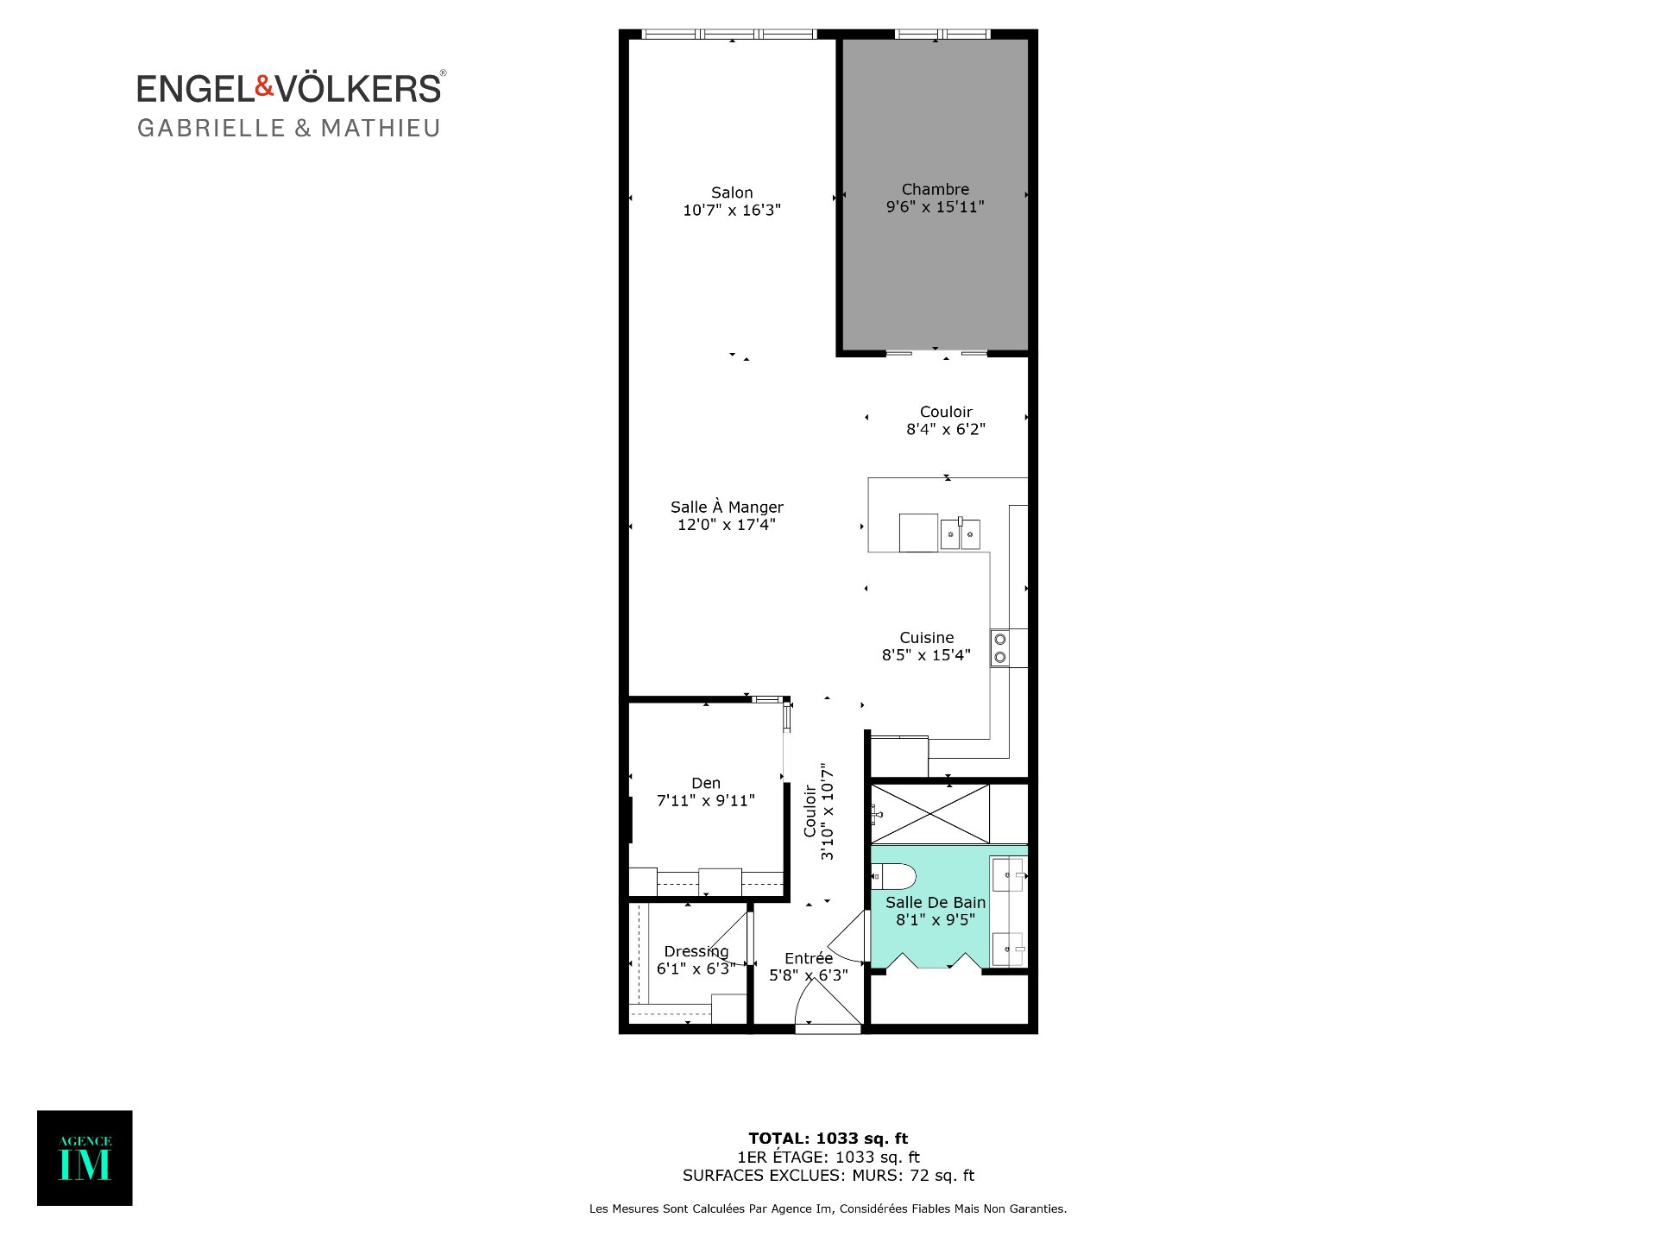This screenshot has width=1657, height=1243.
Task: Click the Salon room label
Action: click(732, 192)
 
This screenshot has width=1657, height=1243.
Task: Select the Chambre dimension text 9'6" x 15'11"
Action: click(936, 207)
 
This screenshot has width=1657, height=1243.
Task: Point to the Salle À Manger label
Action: click(727, 507)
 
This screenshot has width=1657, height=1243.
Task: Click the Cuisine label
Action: click(927, 638)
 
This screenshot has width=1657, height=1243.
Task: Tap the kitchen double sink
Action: click(960, 534)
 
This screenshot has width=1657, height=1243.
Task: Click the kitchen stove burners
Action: click(1000, 648)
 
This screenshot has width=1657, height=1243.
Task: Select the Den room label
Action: click(706, 783)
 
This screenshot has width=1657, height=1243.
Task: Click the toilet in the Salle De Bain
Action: click(893, 877)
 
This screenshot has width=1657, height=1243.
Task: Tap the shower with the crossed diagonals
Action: click(930, 814)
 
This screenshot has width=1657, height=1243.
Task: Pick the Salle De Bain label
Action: click(936, 903)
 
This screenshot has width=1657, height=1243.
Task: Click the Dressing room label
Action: click(696, 952)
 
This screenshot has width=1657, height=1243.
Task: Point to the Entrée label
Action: click(809, 958)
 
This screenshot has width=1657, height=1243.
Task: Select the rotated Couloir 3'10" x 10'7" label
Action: click(819, 811)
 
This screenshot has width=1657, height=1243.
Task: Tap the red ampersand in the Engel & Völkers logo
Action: click(264, 86)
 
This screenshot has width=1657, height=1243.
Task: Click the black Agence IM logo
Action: click(85, 1158)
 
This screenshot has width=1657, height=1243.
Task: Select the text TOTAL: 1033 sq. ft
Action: click(828, 1139)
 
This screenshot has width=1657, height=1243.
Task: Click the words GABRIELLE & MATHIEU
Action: click(289, 129)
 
